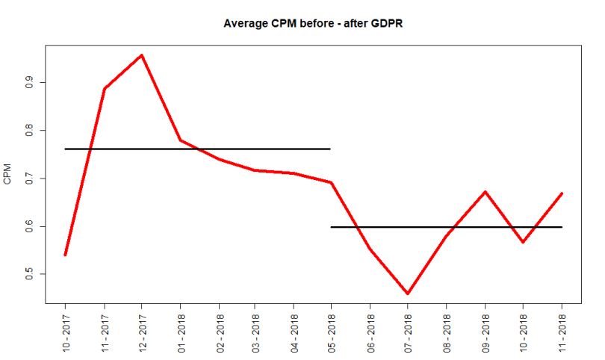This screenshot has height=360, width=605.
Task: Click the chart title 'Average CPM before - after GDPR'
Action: pyautogui.click(x=314, y=23)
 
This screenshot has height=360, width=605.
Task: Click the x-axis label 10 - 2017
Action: pyautogui.click(x=66, y=329)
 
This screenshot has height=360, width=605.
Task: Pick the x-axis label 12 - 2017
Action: pyautogui.click(x=142, y=329)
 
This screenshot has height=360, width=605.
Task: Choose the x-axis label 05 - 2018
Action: pyautogui.click(x=332, y=329)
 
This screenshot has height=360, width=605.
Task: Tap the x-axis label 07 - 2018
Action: pyautogui.click(x=408, y=329)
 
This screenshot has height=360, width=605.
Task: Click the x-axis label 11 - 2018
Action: pyautogui.click(x=561, y=329)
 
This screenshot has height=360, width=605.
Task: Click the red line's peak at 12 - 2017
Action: pyautogui.click(x=142, y=55)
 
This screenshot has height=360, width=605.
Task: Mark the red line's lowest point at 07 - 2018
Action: pyautogui.click(x=408, y=294)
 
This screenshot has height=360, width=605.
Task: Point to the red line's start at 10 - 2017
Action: pyautogui.click(x=66, y=255)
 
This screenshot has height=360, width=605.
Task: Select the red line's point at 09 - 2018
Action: pyautogui.click(x=485, y=192)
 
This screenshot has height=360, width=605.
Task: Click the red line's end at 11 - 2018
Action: pyautogui.click(x=561, y=193)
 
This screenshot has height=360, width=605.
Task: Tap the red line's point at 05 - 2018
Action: pyautogui.click(x=332, y=182)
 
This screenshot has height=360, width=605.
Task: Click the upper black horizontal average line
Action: pyautogui.click(x=224, y=149)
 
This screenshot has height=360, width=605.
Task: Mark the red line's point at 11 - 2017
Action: pyautogui.click(x=104, y=89)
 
